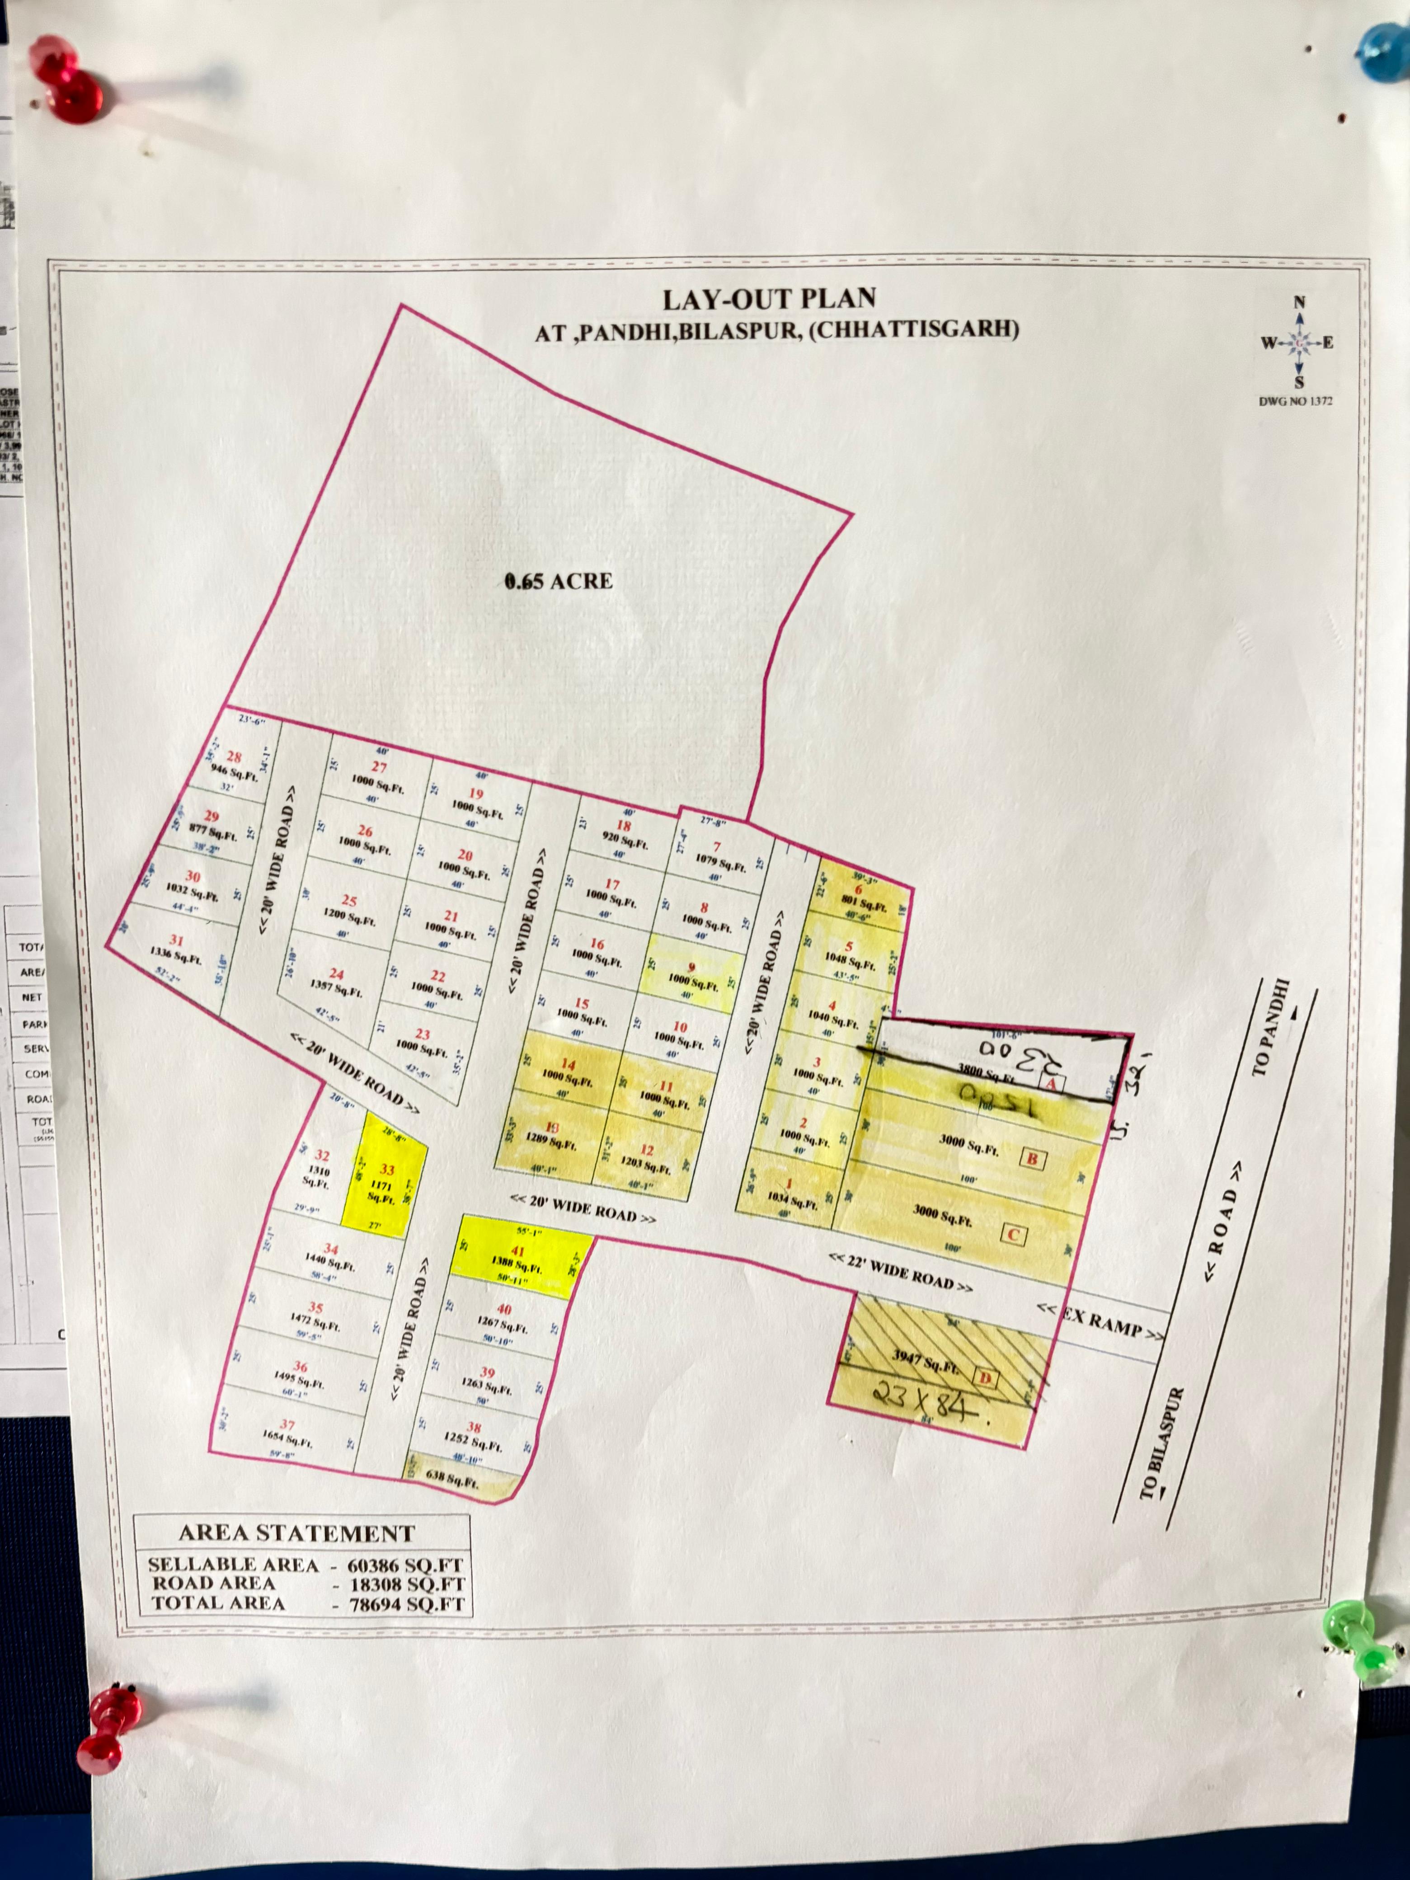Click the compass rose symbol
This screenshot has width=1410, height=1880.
coord(1298,343)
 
